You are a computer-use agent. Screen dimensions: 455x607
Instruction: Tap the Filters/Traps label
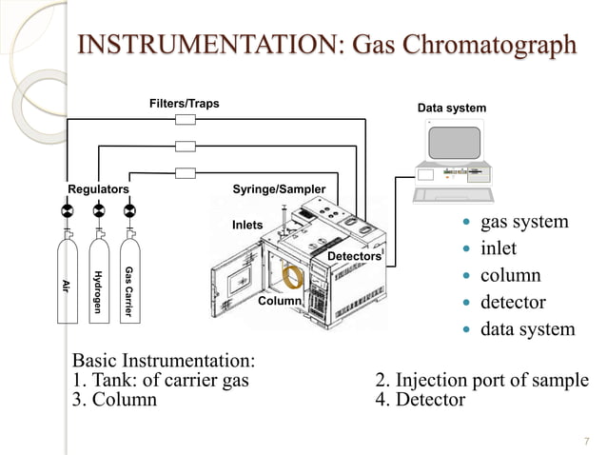184,103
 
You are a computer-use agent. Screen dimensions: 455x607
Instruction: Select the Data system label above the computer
452,109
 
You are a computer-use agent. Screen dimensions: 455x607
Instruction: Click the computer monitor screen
454,143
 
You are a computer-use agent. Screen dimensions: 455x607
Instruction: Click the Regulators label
97,189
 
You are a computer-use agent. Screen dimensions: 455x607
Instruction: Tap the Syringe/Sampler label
279,189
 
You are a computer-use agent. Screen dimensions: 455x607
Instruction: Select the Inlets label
246,226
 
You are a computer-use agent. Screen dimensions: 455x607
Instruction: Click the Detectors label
353,257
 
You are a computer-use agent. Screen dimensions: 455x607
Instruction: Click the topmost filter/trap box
186,120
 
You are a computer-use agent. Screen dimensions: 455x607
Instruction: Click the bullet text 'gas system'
524,223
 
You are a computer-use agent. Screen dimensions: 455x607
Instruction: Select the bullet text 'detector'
513,303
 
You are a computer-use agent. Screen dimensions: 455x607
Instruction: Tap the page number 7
586,440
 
